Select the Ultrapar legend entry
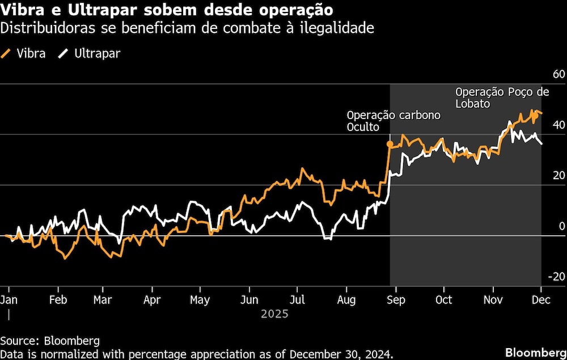tap(90, 54)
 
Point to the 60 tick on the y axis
tap(558, 74)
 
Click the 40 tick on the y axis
tap(558, 125)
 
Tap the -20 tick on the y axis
tap(556, 277)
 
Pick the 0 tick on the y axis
tap(561, 226)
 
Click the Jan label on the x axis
tap(9, 299)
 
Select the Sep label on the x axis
tap(396, 299)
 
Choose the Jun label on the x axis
tap(249, 299)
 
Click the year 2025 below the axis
tap(274, 314)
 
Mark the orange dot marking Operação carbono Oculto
tap(390, 145)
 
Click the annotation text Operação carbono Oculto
tap(393, 121)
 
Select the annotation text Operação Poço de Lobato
tap(502, 98)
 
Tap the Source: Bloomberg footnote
tap(50, 341)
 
